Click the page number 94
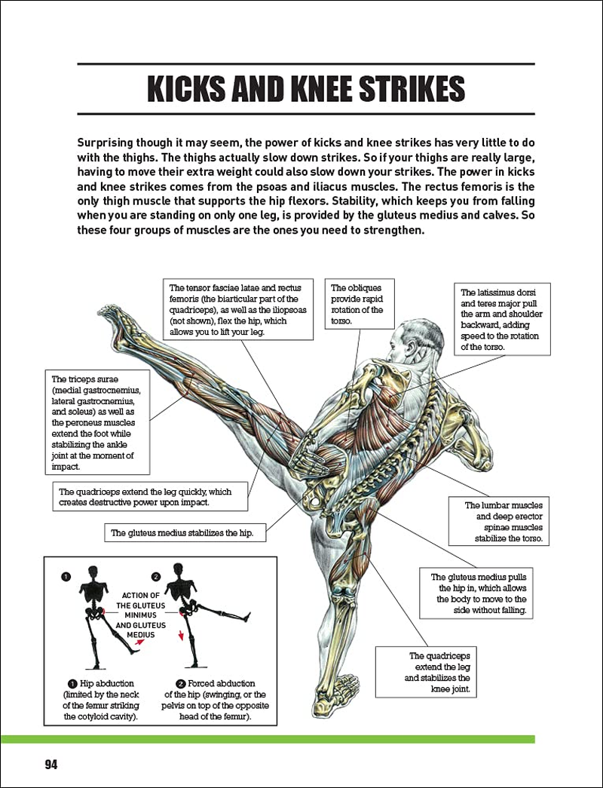(51, 764)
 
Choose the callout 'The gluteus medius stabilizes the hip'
(182, 532)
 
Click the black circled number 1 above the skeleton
(66, 576)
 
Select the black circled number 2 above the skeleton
(156, 576)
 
